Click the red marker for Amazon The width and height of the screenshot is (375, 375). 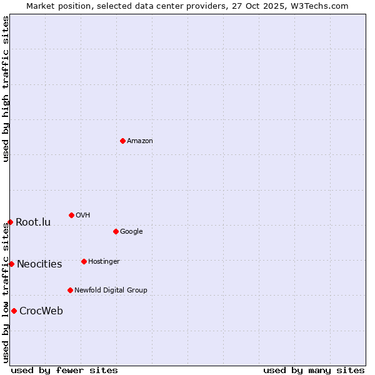pyautogui.click(x=122, y=141)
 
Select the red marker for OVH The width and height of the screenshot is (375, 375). pyautogui.click(x=71, y=215)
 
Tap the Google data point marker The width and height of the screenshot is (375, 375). pyautogui.click(x=116, y=231)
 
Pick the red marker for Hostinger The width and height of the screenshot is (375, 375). pyautogui.click(x=84, y=261)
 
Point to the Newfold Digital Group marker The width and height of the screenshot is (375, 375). pyautogui.click(x=70, y=290)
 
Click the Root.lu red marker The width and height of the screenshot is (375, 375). pyautogui.click(x=10, y=222)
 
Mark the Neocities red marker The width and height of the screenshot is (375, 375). pyautogui.click(x=11, y=264)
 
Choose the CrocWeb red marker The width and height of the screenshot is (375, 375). pyautogui.click(x=14, y=311)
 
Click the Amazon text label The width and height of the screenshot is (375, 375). pyautogui.click(x=140, y=141)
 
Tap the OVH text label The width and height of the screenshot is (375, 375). pyautogui.click(x=83, y=216)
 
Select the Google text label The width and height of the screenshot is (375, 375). pyautogui.click(x=131, y=232)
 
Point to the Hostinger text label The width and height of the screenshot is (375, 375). pyautogui.click(x=104, y=262)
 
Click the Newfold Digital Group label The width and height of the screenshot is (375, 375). pyautogui.click(x=111, y=291)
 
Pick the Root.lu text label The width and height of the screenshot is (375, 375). pyautogui.click(x=33, y=222)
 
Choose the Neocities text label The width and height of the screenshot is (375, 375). pyautogui.click(x=39, y=264)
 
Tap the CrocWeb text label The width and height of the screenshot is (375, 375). pyautogui.click(x=41, y=311)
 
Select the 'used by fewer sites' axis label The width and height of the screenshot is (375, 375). pyautogui.click(x=64, y=370)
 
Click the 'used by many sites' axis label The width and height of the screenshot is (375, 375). pyautogui.click(x=314, y=370)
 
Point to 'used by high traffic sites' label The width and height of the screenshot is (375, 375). pyautogui.click(x=6, y=89)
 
